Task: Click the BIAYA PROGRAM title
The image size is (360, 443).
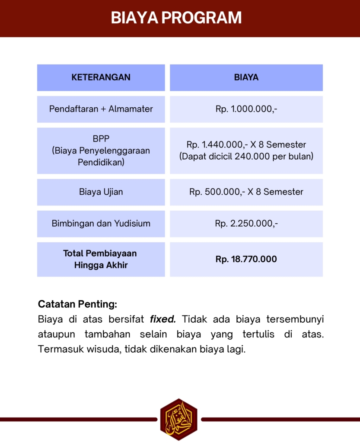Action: point(176,18)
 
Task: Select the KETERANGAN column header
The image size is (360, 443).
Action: point(101,78)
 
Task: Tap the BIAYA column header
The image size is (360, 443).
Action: point(246,78)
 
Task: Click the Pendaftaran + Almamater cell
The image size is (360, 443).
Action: point(101,109)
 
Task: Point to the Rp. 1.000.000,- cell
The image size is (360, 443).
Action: point(246,109)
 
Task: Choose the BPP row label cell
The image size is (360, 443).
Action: point(101,151)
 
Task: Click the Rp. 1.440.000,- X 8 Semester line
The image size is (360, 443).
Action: point(246,144)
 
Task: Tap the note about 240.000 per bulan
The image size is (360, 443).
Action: point(246,156)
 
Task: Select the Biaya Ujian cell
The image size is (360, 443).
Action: point(101,192)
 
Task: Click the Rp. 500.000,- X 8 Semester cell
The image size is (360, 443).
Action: point(246,192)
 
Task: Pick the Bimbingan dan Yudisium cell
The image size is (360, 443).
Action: point(101,224)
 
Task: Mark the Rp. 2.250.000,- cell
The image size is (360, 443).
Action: point(246,224)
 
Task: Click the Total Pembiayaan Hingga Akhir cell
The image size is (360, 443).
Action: point(101,259)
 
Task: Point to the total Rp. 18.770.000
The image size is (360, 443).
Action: point(246,259)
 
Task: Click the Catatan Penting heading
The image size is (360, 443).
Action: point(77,304)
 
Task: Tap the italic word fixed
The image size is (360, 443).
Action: point(162,320)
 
